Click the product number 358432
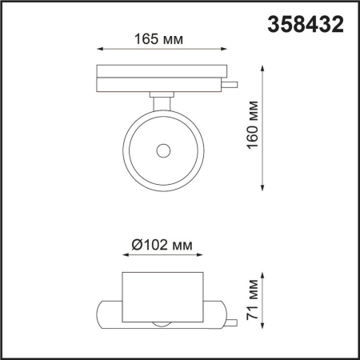click(305, 24)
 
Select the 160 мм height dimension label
click(253, 126)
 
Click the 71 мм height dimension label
click(253, 301)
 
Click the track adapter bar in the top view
click(160, 78)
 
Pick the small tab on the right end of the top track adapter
click(230, 82)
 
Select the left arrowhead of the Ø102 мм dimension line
click(124, 257)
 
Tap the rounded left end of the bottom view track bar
click(101, 313)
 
